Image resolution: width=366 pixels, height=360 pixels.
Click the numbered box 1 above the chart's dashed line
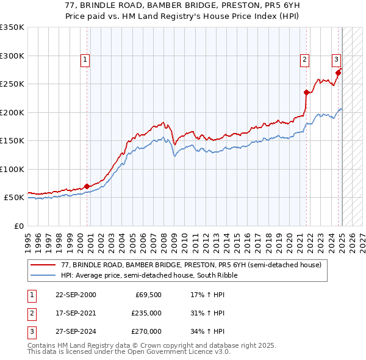click(84, 60)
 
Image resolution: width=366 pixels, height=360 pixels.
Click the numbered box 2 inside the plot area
click(304, 60)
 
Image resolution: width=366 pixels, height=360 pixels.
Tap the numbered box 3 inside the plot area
click(335, 60)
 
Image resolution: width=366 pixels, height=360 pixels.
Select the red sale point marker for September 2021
click(306, 93)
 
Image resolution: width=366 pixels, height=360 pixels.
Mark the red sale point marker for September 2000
click(87, 186)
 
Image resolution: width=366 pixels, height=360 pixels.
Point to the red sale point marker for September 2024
click(338, 73)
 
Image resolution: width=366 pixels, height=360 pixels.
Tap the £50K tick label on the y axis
click(14, 198)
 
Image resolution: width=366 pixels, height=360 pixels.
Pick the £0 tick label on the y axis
click(19, 226)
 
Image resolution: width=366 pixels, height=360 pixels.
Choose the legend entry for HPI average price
click(149, 275)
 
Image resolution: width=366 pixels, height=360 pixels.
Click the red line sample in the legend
click(43, 265)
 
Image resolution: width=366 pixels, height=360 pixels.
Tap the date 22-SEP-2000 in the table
click(76, 295)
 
